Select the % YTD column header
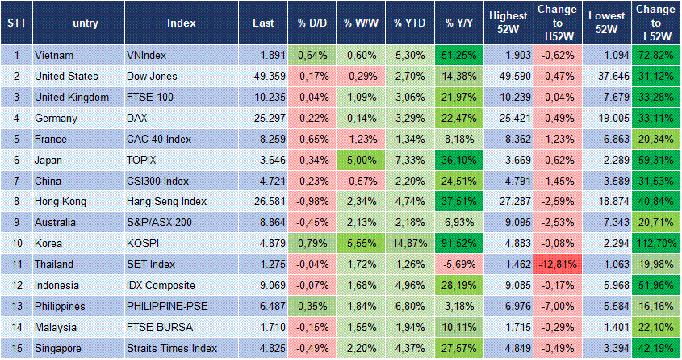pyautogui.click(x=409, y=23)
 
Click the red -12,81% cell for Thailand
pyautogui.click(x=556, y=265)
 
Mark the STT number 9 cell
pyautogui.click(x=15, y=223)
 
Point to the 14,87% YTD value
pyautogui.click(x=409, y=244)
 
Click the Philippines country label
pyautogui.click(x=60, y=307)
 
